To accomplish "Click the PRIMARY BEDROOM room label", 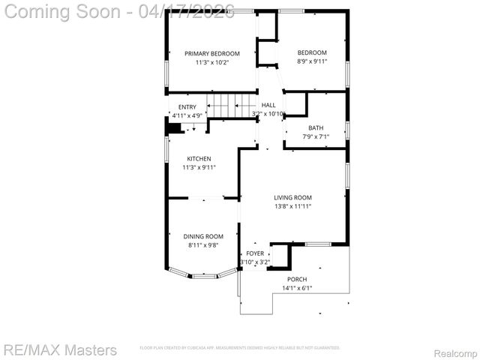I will pos(212,53).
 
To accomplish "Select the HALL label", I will pos(268,105).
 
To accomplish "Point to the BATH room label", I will pos(316,127).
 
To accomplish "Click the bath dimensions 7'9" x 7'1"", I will pos(316,136).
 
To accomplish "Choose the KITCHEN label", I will pos(199,158).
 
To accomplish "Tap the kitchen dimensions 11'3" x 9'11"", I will pos(199,167).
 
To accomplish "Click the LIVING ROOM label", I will pos(292,197).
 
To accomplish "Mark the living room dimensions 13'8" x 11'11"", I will pos(292,206).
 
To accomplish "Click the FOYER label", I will pos(255,253).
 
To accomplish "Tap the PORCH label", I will pos(297,279).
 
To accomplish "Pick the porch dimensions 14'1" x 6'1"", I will pos(297,288).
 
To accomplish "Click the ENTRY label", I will pos(187,107).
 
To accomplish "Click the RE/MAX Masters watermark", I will pos(60,349).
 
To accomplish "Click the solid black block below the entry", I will pos(174,128).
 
